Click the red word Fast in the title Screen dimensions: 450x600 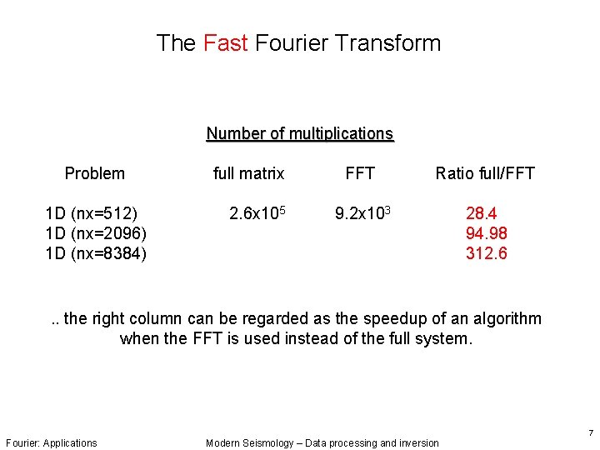click(227, 43)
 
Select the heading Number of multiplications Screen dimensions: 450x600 click(299, 133)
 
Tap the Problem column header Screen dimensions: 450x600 click(95, 173)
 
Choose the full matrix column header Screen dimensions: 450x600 click(248, 173)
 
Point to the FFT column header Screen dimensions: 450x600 click(360, 173)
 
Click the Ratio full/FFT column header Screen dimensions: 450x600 click(484, 173)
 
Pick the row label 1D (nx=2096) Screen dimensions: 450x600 click(96, 233)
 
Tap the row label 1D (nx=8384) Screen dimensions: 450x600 click(96, 253)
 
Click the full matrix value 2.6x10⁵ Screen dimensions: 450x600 click(257, 212)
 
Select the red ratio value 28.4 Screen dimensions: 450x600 click(482, 213)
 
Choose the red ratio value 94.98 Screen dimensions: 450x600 click(486, 233)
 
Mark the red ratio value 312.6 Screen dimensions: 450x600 click(486, 253)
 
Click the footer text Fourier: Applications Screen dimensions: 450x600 click(51, 442)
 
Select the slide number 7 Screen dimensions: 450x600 click(590, 433)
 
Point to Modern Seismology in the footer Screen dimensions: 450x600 click(249, 442)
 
